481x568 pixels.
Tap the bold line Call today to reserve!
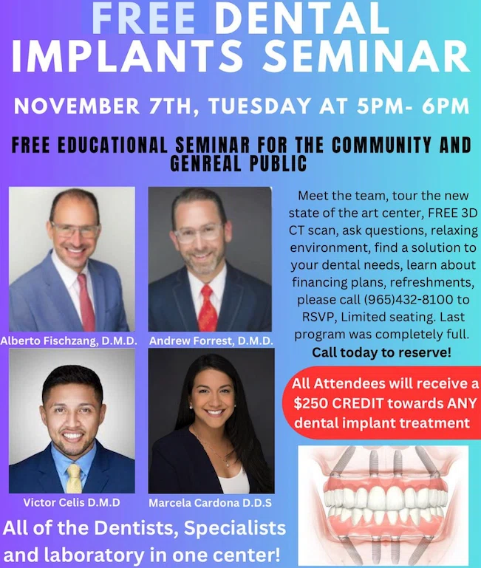[382, 352]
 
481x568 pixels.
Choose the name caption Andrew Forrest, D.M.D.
[211, 341]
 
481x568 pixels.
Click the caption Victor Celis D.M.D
[72, 502]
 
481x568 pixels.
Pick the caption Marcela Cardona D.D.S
[211, 503]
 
